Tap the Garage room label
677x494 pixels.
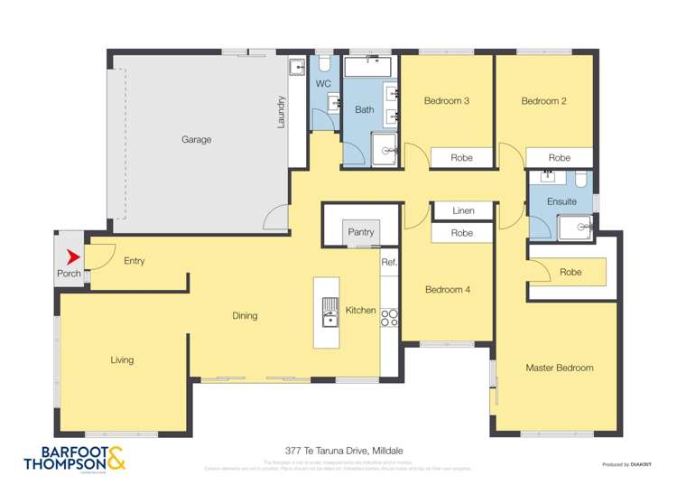tap(196, 140)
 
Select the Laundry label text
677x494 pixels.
tap(281, 111)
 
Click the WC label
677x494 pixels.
tap(323, 84)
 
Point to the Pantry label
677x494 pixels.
tap(361, 233)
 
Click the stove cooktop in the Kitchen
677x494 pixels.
tap(390, 317)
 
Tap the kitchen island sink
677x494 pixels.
tap(329, 312)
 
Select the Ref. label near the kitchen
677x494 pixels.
tap(389, 263)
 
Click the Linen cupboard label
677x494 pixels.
tap(463, 211)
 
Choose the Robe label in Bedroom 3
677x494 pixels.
tap(462, 158)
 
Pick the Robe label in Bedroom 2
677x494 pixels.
tap(560, 158)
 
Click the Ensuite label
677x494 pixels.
tap(561, 201)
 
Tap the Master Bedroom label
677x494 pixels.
tap(560, 368)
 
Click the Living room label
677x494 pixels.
tap(122, 359)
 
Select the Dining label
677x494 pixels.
tap(245, 316)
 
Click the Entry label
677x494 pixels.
tap(134, 261)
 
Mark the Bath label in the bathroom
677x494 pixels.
tap(364, 110)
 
